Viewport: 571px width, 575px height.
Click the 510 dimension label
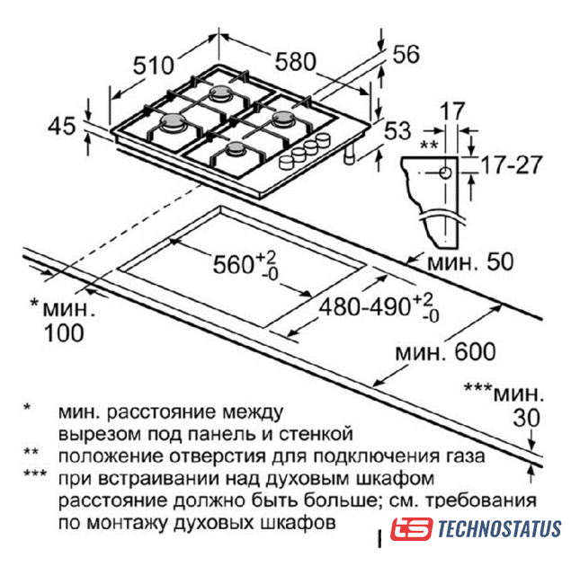153,66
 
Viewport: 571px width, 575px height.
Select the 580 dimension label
296,62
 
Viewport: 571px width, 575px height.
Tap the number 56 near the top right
406,55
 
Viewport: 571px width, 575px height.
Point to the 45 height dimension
62,126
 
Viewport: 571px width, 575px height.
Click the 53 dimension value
397,130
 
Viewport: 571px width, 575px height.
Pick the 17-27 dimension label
511,164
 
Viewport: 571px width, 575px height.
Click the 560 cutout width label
245,265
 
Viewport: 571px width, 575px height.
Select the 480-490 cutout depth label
379,307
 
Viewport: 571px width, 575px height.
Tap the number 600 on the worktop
475,352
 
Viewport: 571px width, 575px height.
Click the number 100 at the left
64,333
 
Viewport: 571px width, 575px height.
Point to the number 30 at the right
527,418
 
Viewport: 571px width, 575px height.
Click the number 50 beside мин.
500,261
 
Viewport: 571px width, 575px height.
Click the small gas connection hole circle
445,172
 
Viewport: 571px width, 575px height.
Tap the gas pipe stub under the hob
349,154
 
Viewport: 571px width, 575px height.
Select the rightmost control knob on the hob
324,139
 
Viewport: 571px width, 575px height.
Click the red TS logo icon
411,529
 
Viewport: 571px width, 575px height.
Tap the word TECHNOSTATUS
499,529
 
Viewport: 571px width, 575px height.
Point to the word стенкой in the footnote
316,434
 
